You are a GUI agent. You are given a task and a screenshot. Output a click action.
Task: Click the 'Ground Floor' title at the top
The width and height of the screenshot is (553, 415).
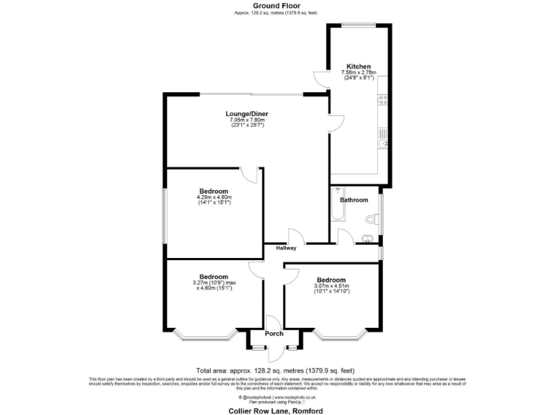point(276,5)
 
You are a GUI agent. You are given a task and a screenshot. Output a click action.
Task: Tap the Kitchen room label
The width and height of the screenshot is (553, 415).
point(358,65)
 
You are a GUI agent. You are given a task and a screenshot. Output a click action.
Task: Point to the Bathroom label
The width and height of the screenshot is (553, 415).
point(354,200)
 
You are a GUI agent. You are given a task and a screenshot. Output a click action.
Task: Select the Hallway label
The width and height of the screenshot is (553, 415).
point(285,248)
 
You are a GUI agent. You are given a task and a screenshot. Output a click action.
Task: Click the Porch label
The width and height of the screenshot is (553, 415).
point(274,334)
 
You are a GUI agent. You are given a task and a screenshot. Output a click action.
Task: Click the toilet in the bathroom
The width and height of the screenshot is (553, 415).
point(371,220)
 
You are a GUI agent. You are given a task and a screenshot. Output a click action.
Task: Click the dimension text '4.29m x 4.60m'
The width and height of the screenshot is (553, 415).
point(214,197)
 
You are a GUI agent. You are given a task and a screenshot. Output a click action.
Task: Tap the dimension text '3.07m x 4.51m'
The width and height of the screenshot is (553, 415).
point(331,286)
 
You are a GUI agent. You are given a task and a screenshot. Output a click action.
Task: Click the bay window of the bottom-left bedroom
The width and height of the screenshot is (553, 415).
point(207,334)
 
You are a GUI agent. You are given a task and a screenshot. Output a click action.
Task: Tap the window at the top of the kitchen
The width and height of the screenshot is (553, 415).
point(358,25)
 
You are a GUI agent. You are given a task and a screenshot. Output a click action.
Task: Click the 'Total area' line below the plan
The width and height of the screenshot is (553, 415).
point(276,368)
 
